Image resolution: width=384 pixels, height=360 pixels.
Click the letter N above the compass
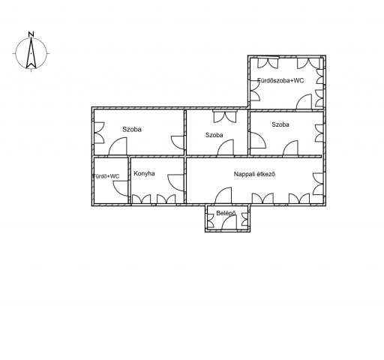tap(31, 34)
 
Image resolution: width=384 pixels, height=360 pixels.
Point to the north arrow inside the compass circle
tap(31, 54)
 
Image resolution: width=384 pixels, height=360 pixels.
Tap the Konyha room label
tap(144, 174)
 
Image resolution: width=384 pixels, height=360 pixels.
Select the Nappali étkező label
tap(254, 174)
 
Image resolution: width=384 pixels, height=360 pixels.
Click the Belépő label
tap(226, 213)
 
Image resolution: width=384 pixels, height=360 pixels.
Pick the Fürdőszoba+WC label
tap(280, 80)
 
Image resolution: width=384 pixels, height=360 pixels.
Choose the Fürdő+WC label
tap(106, 176)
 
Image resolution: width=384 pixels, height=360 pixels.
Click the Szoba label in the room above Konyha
tap(132, 129)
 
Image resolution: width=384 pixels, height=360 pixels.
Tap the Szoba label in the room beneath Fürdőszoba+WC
tap(280, 124)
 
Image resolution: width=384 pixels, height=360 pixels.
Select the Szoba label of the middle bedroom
tap(214, 135)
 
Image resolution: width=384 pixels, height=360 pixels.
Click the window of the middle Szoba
tap(225, 117)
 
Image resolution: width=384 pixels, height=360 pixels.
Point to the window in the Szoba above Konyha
tap(99, 133)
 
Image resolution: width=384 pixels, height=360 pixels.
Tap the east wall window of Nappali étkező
tap(318, 184)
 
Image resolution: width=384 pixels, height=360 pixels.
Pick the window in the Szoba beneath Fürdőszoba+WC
tap(319, 133)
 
